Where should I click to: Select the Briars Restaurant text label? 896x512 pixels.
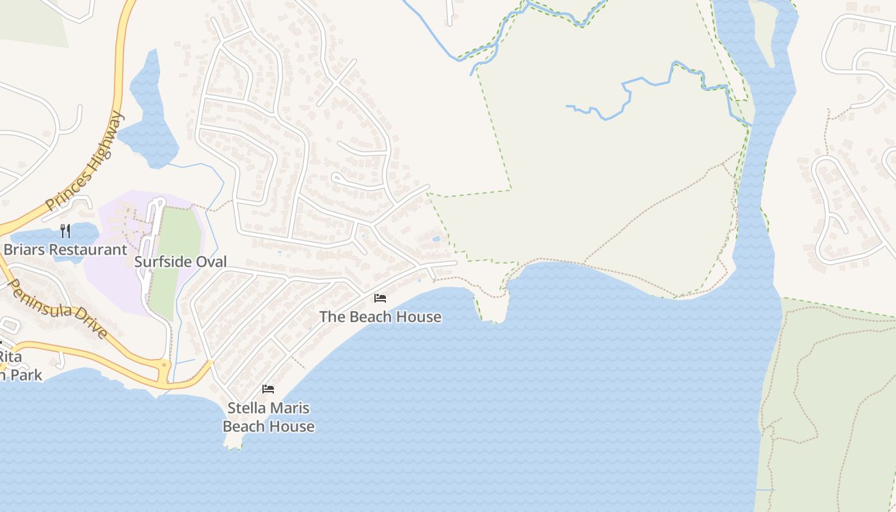coord(65,250)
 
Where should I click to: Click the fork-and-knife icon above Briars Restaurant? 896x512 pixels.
coord(65,230)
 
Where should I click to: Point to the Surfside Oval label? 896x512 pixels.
coord(180,262)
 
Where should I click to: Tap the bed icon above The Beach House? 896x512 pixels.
coord(380,298)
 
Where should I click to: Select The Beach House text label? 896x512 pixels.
coord(380,316)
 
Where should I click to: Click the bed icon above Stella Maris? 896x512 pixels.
coord(268,389)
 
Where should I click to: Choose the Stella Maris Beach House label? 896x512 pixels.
coord(268,417)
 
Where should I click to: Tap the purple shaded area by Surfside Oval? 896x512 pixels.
coord(115,282)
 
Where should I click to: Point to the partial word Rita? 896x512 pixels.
coord(10,356)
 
